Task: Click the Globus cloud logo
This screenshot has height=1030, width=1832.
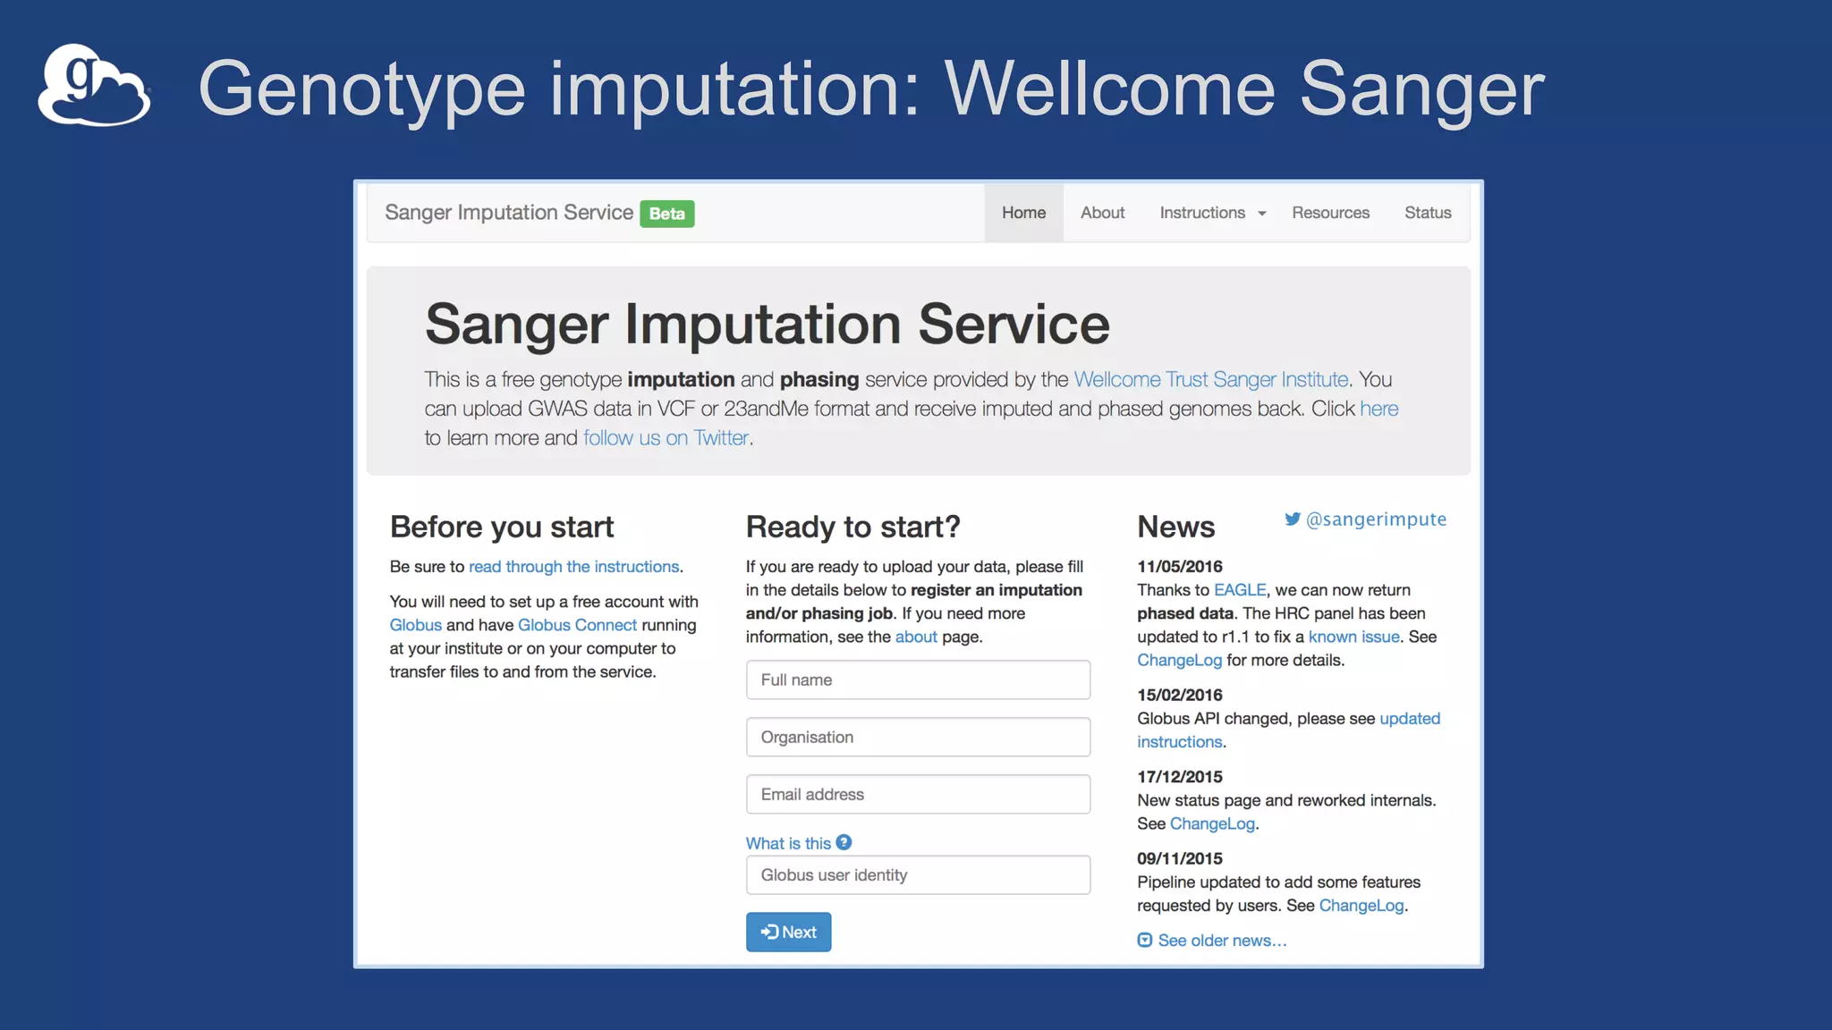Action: [x=94, y=86]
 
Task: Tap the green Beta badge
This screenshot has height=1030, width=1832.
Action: [x=666, y=214]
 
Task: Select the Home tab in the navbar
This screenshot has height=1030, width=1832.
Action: [x=1023, y=213]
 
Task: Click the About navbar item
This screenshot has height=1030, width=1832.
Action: [x=1102, y=213]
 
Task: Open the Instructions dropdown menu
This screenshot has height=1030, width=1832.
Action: [x=1212, y=213]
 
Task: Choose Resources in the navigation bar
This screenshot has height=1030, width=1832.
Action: [x=1330, y=213]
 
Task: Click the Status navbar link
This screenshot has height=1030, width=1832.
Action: [x=1427, y=213]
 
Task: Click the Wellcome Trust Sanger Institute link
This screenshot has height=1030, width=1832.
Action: [x=1210, y=380]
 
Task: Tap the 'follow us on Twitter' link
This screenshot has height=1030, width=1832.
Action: [x=666, y=438]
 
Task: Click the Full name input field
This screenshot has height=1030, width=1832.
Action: [x=918, y=680]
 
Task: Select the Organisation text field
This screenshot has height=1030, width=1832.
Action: [x=918, y=738]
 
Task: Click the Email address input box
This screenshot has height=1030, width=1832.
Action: [x=918, y=795]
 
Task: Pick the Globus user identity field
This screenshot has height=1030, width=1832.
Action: [x=918, y=875]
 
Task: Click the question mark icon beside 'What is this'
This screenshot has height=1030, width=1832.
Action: [x=844, y=842]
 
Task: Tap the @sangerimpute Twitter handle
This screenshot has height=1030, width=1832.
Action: [x=1375, y=519]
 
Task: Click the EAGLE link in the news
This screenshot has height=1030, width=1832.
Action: [x=1239, y=590]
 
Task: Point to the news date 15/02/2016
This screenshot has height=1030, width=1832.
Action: [x=1179, y=695]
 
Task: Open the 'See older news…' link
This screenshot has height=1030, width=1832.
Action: [x=1221, y=941]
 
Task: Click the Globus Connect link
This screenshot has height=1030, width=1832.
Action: [x=577, y=625]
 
